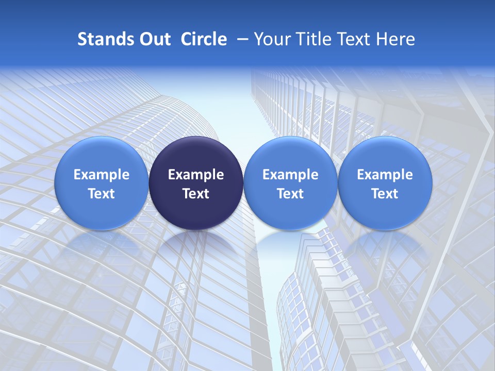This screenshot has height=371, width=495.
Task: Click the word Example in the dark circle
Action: [x=196, y=175]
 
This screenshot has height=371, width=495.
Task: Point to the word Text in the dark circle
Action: [x=196, y=194]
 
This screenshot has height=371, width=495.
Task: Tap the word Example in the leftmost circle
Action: [x=102, y=175]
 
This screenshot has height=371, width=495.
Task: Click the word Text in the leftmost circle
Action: [x=102, y=194]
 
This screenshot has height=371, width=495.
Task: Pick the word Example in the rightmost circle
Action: [x=385, y=175]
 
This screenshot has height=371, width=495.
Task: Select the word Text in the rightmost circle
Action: [x=385, y=194]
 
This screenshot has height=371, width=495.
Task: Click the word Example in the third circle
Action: [x=290, y=175]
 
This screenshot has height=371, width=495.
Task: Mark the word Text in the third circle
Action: [x=290, y=194]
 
